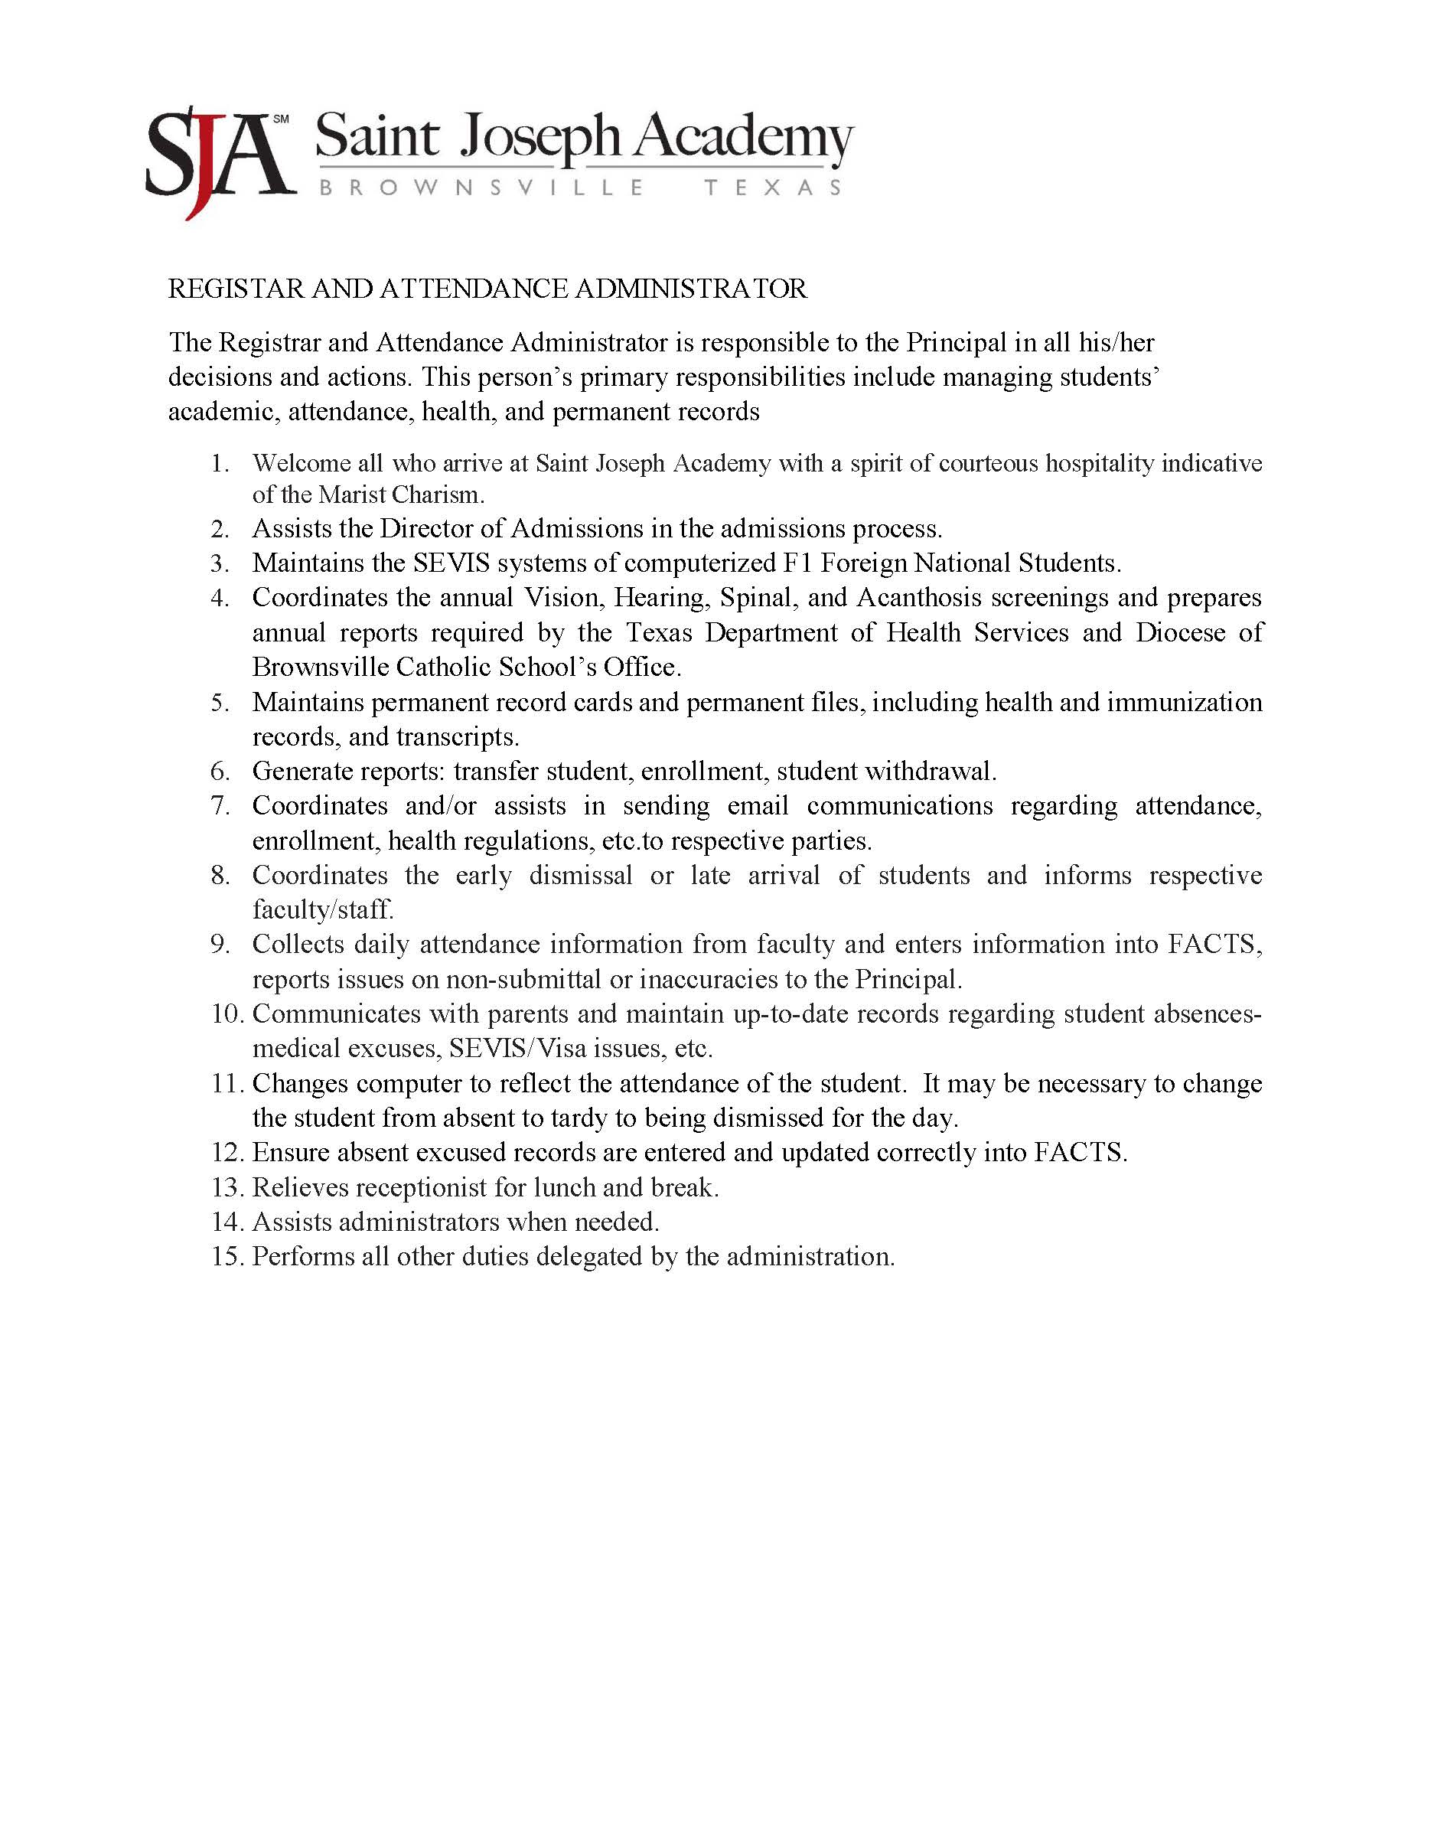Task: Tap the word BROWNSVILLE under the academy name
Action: tap(481, 188)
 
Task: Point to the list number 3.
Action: tap(220, 563)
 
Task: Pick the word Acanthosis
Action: tap(918, 598)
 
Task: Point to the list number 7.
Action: tap(220, 806)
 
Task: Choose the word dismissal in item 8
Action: tap(581, 876)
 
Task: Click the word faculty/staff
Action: tap(322, 910)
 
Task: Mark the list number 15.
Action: tap(227, 1257)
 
